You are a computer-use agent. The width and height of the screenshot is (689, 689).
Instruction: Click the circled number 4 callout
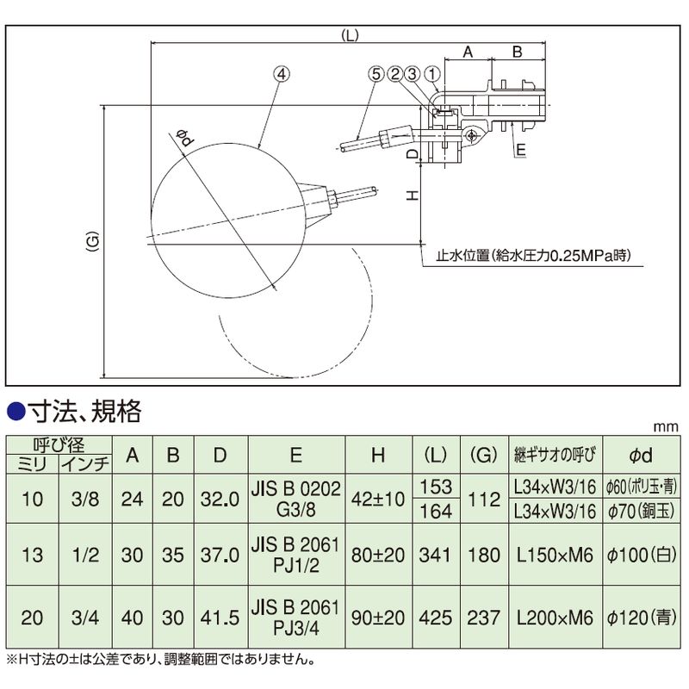click(x=282, y=74)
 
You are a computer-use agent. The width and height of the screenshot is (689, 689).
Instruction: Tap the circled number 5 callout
click(x=376, y=74)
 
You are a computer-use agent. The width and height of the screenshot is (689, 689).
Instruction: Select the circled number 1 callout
click(x=432, y=74)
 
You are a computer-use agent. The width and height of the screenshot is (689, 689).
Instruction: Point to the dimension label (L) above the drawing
click(x=351, y=35)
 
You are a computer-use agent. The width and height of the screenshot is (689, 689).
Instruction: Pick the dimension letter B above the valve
click(x=518, y=52)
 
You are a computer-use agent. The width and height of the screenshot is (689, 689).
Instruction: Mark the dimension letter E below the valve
click(x=521, y=150)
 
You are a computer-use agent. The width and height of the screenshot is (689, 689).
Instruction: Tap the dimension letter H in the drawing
click(x=413, y=196)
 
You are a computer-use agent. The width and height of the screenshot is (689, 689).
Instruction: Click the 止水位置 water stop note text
click(x=533, y=255)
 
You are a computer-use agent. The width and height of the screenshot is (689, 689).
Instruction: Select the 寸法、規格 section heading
click(x=84, y=413)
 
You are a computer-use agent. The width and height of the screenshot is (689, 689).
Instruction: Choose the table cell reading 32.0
click(x=220, y=500)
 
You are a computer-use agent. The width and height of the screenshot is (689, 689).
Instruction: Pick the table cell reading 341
click(x=435, y=555)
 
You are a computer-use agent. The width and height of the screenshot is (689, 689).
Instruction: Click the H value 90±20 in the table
click(x=378, y=618)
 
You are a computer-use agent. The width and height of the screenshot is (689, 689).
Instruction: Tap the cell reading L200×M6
click(x=555, y=618)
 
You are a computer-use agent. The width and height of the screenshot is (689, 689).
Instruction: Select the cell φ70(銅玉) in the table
click(x=641, y=512)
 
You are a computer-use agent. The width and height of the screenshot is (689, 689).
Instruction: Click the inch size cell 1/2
click(x=85, y=555)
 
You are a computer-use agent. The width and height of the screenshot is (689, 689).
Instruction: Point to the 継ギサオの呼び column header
click(x=555, y=455)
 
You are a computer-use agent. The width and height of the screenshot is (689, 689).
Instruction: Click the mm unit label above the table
click(x=666, y=426)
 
